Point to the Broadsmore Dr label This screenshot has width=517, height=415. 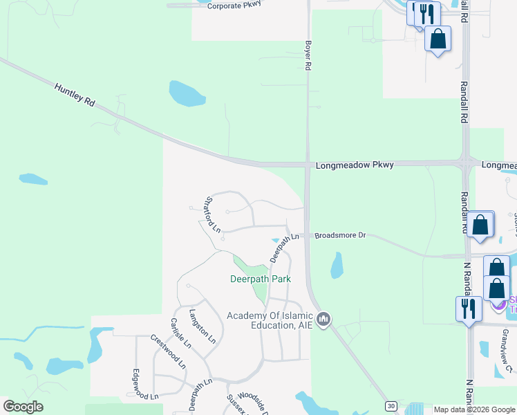point(339,235)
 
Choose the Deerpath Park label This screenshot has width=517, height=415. point(260,279)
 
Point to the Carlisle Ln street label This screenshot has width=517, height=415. point(178,334)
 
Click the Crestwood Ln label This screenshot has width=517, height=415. point(169,352)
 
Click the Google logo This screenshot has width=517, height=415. point(23,407)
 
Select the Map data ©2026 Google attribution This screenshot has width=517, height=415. point(473,409)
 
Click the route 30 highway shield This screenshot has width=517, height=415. point(391,406)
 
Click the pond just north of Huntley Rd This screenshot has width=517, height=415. point(187,93)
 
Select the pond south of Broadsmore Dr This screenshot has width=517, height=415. point(337,265)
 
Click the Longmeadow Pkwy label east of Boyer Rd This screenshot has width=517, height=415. point(355,165)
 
